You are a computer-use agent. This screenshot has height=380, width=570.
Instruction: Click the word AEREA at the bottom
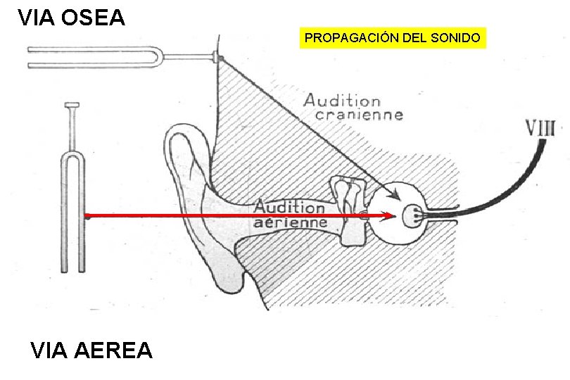[118, 350]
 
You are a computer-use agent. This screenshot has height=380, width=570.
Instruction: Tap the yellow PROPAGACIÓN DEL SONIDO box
[393, 37]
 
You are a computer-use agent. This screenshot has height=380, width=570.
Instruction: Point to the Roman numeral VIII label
[540, 128]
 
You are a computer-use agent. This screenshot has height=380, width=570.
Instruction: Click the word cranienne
[359, 115]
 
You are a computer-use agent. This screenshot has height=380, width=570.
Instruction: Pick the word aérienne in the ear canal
[290, 222]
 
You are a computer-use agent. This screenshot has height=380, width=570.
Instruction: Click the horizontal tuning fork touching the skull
[120, 56]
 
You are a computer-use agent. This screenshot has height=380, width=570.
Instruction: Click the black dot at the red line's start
[87, 216]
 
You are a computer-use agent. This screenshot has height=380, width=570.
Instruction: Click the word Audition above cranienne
[342, 101]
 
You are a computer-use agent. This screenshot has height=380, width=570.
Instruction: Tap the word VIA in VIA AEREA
[51, 350]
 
